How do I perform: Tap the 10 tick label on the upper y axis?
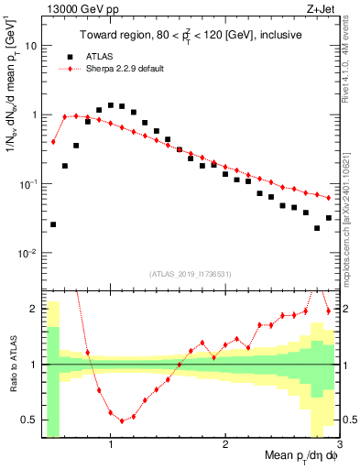coord(30,45)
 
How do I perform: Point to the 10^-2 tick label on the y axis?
coord(27,254)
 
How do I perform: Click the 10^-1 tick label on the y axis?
coord(27,184)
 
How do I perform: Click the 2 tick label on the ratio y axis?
coord(34,309)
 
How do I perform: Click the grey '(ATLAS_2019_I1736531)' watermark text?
coord(191,274)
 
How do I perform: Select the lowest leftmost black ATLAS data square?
coord(53,224)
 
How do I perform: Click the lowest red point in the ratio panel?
coord(122,421)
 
